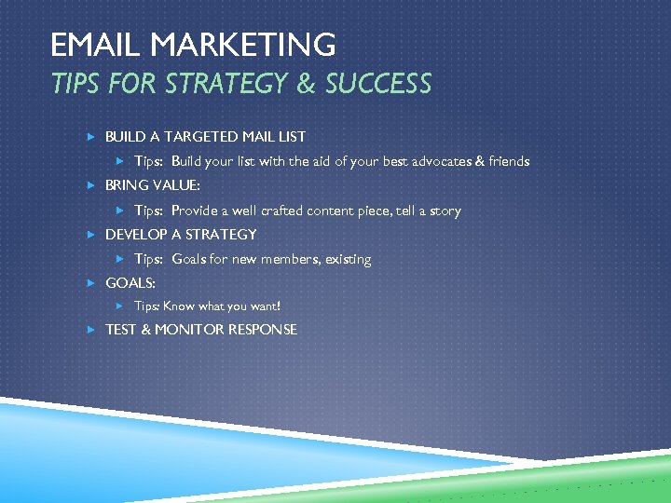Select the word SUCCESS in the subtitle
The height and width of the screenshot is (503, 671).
click(x=378, y=84)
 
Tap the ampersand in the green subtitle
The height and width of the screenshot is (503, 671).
click(x=306, y=84)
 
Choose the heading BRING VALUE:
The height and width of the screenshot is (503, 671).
click(x=152, y=185)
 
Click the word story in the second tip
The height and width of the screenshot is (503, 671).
click(x=445, y=211)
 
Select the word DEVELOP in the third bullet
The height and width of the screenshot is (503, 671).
click(x=136, y=234)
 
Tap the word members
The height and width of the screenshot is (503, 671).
click(x=287, y=259)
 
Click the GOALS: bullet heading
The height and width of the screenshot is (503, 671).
click(x=130, y=282)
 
